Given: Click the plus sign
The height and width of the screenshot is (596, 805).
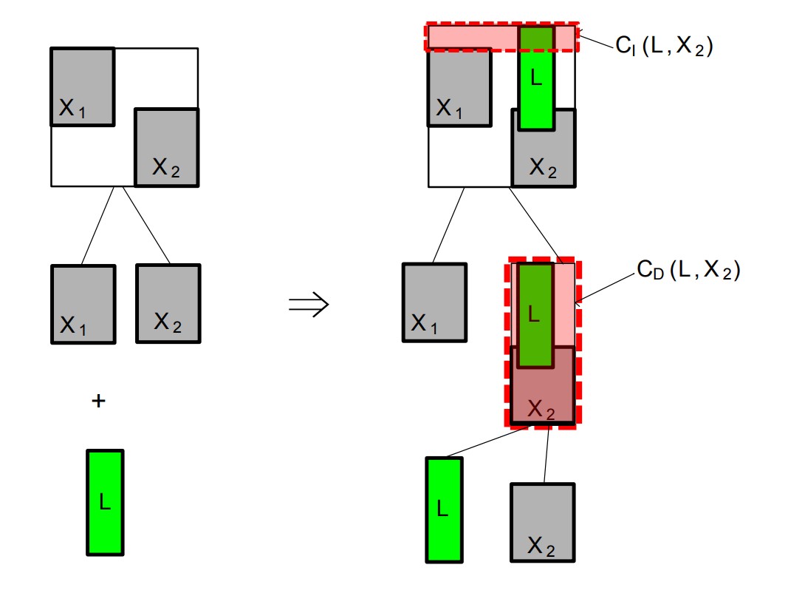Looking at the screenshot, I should pos(98,401).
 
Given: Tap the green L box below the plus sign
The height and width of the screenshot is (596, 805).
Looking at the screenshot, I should pos(105,502).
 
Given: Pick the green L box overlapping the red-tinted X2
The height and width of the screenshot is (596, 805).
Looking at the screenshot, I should pos(535,314).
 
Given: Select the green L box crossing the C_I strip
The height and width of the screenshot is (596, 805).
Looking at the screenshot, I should pos(536,78).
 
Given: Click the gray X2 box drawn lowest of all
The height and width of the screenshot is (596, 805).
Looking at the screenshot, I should pos(542,522).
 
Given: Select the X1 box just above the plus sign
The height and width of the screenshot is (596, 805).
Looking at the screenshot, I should pos(83,303).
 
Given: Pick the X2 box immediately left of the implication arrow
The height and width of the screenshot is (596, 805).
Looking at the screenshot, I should pos(168,303).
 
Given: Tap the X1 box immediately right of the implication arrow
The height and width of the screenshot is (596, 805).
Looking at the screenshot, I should pos(434,302).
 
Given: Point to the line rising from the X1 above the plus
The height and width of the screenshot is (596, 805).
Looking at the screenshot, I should pos(97,225).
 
